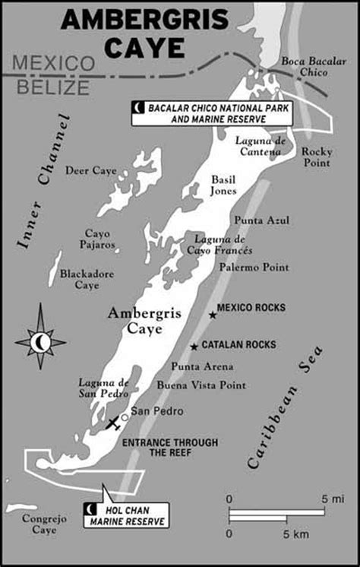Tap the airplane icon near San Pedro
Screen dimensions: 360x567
[113, 422]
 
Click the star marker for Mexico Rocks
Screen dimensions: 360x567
[213, 314]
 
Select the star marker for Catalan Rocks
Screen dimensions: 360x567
[194, 346]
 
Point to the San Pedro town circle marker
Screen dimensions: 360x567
[125, 417]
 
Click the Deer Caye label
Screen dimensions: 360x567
[90, 171]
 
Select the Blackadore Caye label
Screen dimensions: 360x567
[87, 279]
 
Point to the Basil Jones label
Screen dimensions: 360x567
[224, 184]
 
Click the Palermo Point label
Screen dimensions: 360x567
[254, 268]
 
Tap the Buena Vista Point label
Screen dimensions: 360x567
[201, 385]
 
